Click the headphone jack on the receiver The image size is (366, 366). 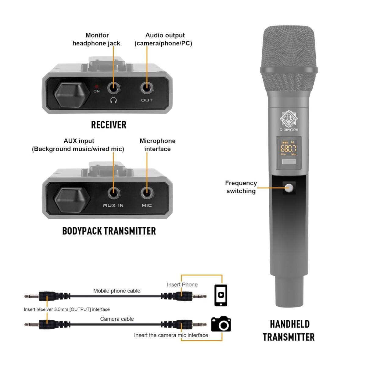click(x=113, y=88)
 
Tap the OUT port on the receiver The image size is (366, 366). click(x=147, y=88)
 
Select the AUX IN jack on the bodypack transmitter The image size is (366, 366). click(x=113, y=193)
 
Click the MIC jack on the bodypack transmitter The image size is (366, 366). click(x=147, y=193)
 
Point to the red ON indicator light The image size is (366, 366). click(x=96, y=87)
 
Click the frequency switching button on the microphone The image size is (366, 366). click(x=289, y=188)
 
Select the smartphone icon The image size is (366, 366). click(x=221, y=295)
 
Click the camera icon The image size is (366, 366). click(x=221, y=324)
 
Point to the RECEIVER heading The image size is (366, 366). click(x=109, y=125)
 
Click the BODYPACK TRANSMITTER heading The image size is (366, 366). click(x=109, y=231)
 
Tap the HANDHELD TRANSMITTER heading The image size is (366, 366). click(x=289, y=330)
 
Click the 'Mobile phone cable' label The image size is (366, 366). click(x=117, y=291)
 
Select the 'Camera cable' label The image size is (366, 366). click(x=117, y=319)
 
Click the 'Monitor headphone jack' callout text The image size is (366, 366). click(x=96, y=39)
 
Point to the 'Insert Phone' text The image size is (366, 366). click(x=182, y=285)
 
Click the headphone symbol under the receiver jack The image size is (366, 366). click(x=113, y=100)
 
